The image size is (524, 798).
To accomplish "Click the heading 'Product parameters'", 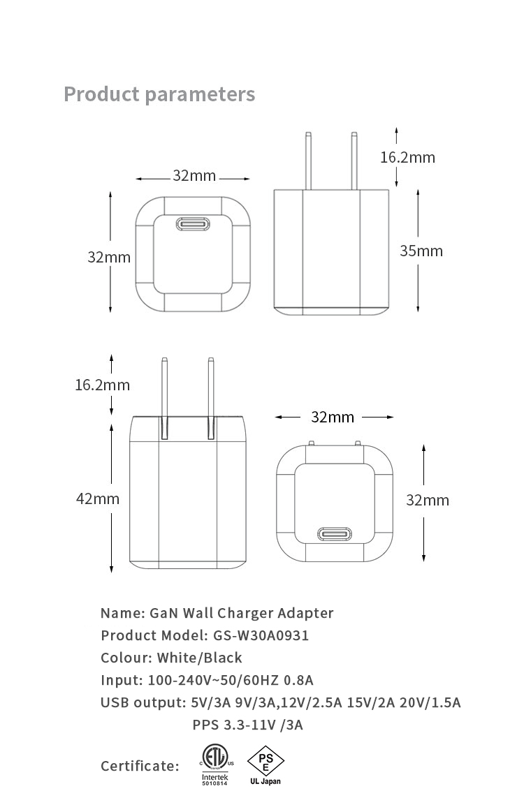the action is pyautogui.click(x=159, y=95).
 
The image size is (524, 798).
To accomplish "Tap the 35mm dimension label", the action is pyautogui.click(x=421, y=251).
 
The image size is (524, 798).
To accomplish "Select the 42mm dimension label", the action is pyautogui.click(x=98, y=498).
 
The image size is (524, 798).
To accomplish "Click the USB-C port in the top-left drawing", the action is pyautogui.click(x=193, y=224).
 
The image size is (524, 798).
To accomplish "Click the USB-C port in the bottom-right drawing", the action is pyautogui.click(x=335, y=534).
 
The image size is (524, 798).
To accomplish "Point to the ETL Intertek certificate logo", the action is pyautogui.click(x=216, y=765).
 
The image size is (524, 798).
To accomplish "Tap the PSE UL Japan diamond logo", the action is pyautogui.click(x=265, y=765).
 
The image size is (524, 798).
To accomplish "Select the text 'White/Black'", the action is pyautogui.click(x=200, y=658).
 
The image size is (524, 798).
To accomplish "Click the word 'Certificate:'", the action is pyautogui.click(x=140, y=766).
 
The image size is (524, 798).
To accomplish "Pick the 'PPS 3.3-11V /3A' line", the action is pyautogui.click(x=247, y=725).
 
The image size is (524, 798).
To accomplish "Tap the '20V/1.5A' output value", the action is pyautogui.click(x=430, y=703).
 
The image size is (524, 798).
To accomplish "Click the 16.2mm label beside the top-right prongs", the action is pyautogui.click(x=408, y=157).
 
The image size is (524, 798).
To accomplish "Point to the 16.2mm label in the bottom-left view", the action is pyautogui.click(x=103, y=385).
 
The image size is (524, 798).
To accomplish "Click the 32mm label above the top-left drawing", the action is pyautogui.click(x=194, y=175).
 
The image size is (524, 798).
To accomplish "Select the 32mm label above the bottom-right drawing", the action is pyautogui.click(x=333, y=418).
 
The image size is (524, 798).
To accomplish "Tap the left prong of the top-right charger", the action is pyautogui.click(x=308, y=161).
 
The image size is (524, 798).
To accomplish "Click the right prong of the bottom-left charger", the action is pyautogui.click(x=211, y=399).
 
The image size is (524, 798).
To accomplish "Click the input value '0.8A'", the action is pyautogui.click(x=298, y=681).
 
